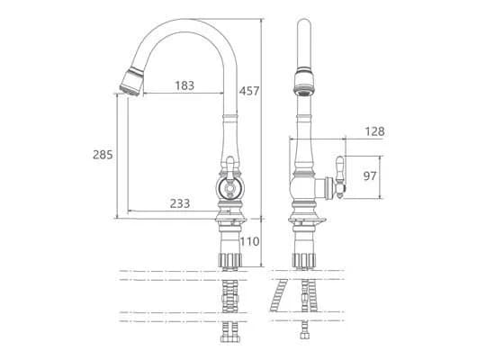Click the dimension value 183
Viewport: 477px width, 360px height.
tap(184, 85)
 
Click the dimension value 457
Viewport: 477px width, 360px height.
tap(249, 91)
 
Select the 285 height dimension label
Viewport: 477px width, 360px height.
tap(103, 155)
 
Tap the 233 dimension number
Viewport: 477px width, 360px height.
tap(180, 203)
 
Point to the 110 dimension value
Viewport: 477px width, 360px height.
tap(250, 241)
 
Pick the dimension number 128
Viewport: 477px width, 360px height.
tap(374, 131)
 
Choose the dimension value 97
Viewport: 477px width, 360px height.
tap(370, 175)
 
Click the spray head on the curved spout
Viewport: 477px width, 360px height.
tap(131, 82)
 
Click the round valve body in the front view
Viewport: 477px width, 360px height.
tap(229, 188)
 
